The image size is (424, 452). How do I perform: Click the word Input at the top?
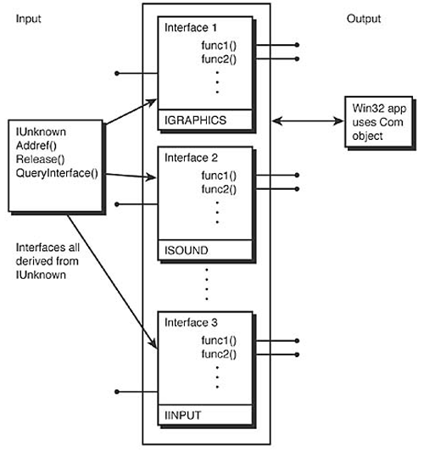coord(29,19)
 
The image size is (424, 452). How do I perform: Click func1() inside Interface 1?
coord(218,44)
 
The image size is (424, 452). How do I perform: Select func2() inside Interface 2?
coord(218,187)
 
